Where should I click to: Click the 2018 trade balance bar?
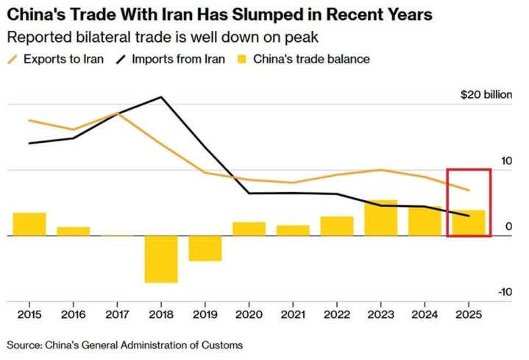click(x=161, y=259)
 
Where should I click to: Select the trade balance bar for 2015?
click(x=29, y=225)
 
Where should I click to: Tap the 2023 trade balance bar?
click(x=381, y=218)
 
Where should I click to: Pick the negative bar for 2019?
click(x=205, y=249)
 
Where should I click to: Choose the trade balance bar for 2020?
click(x=249, y=229)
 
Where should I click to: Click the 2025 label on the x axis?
click(x=469, y=315)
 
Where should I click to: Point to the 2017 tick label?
click(x=117, y=315)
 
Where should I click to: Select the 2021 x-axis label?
click(x=293, y=315)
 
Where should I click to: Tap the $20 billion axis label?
click(x=486, y=95)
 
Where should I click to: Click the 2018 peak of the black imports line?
click(x=161, y=96)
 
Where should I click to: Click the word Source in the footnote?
click(x=24, y=344)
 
